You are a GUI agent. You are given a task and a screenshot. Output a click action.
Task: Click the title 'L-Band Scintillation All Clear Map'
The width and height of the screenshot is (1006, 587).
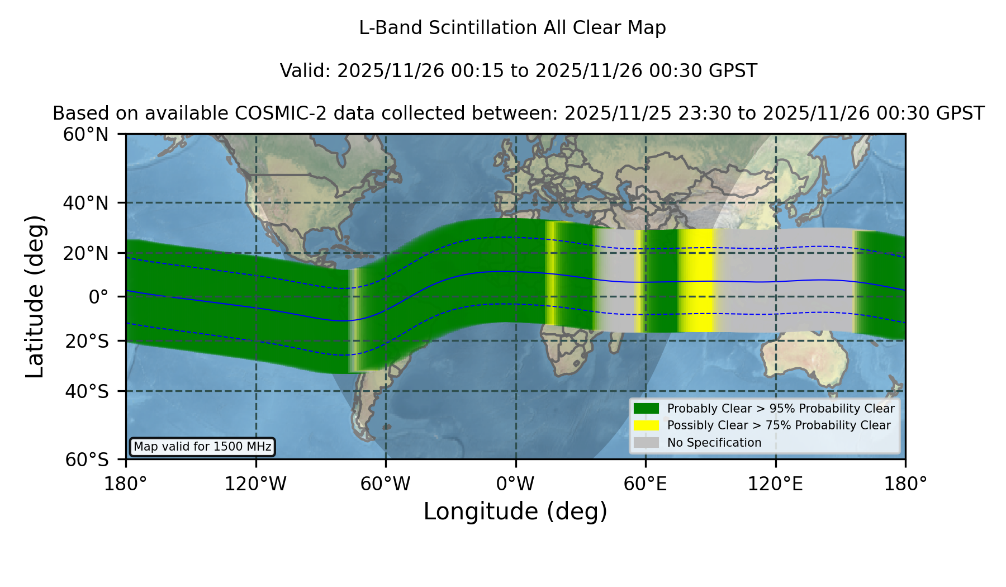point(512,28)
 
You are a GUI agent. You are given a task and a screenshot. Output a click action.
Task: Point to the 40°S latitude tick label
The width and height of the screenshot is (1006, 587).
point(87,391)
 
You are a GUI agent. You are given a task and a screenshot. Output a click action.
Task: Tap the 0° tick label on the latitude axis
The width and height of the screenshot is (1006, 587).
point(98,296)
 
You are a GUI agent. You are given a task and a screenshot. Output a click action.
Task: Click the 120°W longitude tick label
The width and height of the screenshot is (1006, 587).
point(255,484)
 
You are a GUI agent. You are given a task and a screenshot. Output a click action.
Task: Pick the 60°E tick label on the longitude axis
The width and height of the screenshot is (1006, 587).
point(646,484)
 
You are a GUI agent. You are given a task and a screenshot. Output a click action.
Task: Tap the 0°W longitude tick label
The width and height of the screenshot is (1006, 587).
point(515,484)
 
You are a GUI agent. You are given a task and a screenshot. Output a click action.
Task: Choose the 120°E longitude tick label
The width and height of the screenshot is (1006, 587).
point(775,484)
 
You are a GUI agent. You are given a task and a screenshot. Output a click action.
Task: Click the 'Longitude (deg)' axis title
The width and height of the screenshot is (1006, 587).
point(515,512)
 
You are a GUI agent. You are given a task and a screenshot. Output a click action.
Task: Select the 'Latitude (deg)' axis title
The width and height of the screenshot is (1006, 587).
point(35,296)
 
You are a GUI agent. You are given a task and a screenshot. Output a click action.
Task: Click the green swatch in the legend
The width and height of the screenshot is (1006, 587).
point(646,408)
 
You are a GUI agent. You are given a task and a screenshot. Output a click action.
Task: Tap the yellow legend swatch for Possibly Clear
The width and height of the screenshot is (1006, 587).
point(646,425)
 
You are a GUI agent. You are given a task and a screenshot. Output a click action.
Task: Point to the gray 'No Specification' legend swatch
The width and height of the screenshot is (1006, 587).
point(646,443)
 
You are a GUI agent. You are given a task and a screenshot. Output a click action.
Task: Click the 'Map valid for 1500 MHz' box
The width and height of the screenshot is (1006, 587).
point(202,447)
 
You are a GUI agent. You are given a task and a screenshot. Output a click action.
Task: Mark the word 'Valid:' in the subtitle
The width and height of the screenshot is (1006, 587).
point(306,71)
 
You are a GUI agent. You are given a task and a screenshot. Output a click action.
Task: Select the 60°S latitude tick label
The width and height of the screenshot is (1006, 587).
point(87,460)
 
